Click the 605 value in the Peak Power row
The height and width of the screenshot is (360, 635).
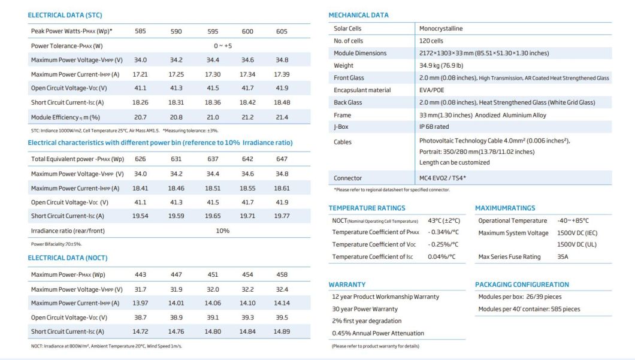pyautogui.click(x=282, y=31)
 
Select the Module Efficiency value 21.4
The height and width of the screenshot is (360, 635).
pyautogui.click(x=282, y=117)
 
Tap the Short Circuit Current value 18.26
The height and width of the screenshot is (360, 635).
pyautogui.click(x=140, y=103)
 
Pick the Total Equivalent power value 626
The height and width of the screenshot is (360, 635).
pyautogui.click(x=140, y=159)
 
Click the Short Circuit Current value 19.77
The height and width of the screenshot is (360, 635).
pyautogui.click(x=282, y=216)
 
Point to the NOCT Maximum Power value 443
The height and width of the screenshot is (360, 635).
pyautogui.click(x=140, y=275)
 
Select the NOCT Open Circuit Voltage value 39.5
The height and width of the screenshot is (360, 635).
pyautogui.click(x=282, y=317)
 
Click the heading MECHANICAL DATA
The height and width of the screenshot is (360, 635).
pyautogui.click(x=358, y=15)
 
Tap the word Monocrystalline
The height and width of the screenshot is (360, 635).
pyautogui.click(x=441, y=29)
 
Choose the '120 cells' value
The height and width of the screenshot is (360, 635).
pyautogui.click(x=431, y=41)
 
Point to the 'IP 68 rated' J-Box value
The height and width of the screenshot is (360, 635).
pyautogui.click(x=434, y=127)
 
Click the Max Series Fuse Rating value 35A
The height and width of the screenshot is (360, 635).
pyautogui.click(x=563, y=257)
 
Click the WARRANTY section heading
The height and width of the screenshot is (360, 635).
pyautogui.click(x=347, y=285)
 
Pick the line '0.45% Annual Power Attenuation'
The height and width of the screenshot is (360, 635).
pyautogui.click(x=378, y=334)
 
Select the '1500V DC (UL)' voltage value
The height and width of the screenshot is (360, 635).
pyautogui.click(x=577, y=244)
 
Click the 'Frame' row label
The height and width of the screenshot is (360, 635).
pyautogui.click(x=342, y=115)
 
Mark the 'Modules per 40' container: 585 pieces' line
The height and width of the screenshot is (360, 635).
pyautogui.click(x=529, y=309)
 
